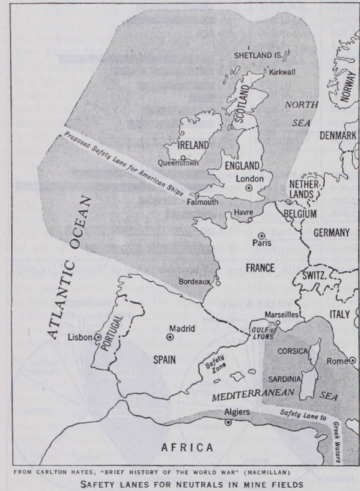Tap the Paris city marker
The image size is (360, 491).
[x=262, y=236]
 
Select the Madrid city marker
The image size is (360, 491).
[x=170, y=337]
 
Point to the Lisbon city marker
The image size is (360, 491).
[x=98, y=338]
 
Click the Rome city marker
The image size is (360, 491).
[x=352, y=361]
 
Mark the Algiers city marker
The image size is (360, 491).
[x=228, y=422]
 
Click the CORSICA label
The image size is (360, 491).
[x=293, y=351]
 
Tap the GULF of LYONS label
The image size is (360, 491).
[x=263, y=333]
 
